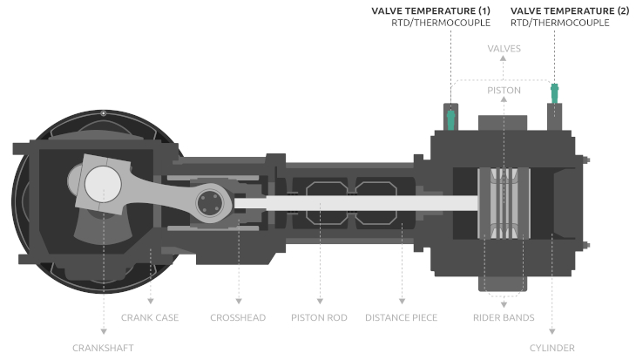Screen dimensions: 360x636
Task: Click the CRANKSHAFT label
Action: coord(102,347)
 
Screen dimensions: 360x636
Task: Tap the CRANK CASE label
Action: coord(151,317)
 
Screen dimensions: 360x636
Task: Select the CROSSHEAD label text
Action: coord(237,317)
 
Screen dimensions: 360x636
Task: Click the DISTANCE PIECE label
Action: coord(401,317)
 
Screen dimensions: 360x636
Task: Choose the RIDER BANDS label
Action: coord(503,317)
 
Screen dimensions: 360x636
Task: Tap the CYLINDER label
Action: coord(552,347)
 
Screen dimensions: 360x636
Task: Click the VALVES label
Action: coord(504,50)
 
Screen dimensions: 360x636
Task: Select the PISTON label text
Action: coord(504,90)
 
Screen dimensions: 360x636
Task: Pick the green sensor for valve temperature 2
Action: coord(553,91)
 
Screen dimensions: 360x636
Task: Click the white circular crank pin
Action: coord(104,185)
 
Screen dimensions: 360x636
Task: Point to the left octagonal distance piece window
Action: coord(320,200)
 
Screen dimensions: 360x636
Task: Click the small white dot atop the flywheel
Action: coord(103,113)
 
